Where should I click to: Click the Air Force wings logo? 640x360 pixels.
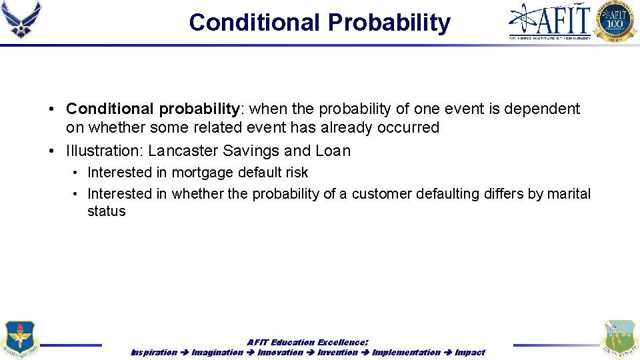click(x=21, y=20)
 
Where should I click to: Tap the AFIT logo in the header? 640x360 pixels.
click(x=550, y=21)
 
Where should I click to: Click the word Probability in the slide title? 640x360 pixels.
click(x=389, y=23)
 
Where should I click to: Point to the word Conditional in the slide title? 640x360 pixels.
click(x=254, y=23)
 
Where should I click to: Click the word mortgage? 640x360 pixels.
click(x=204, y=173)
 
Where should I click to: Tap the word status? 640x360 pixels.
click(x=106, y=211)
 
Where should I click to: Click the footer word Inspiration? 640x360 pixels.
click(x=154, y=352)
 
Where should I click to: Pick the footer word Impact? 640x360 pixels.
click(x=470, y=352)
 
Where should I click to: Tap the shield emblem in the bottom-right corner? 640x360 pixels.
click(x=619, y=339)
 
